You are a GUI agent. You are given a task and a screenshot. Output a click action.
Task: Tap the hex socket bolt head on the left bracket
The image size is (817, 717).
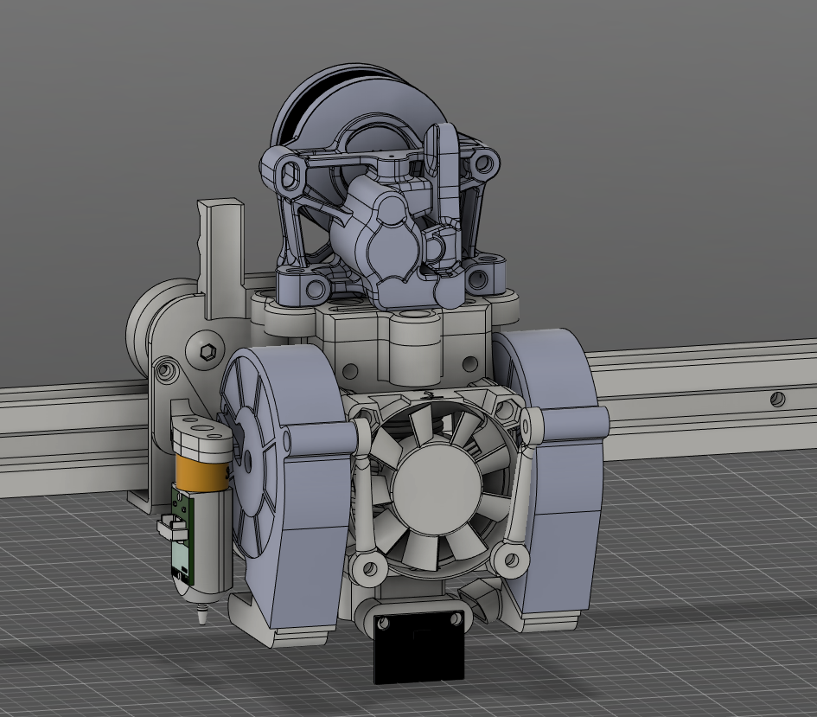pos(207,351)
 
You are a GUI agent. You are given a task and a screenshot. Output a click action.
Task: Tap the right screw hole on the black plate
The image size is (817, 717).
pos(455,618)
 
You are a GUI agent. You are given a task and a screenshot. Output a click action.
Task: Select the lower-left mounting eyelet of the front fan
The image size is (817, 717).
pos(369,568)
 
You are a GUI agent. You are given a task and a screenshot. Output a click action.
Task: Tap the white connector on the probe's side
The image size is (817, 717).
pos(168,522)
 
